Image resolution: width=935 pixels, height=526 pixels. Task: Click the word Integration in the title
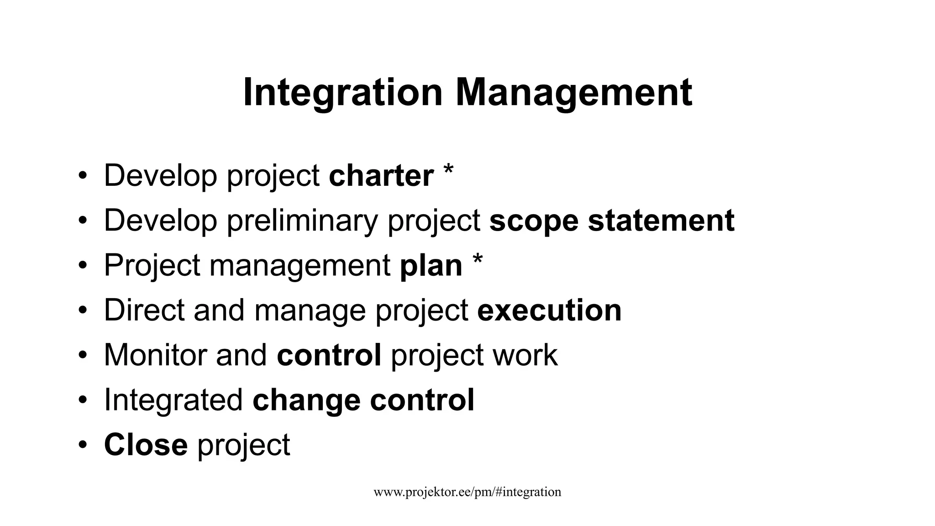(343, 93)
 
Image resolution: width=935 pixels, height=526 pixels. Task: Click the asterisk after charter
(448, 170)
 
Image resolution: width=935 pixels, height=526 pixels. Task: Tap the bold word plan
(431, 266)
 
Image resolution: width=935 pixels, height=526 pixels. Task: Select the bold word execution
(549, 310)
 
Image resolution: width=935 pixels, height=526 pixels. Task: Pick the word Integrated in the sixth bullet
(173, 400)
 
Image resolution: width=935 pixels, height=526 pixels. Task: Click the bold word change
(306, 400)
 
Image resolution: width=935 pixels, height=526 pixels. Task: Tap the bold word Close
(146, 445)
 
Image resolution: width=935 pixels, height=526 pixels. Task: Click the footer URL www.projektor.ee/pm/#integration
(467, 492)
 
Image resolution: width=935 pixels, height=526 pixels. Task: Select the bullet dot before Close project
(82, 445)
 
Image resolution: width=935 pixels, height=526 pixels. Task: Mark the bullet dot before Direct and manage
(82, 310)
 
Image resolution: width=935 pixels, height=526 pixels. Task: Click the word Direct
(144, 310)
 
